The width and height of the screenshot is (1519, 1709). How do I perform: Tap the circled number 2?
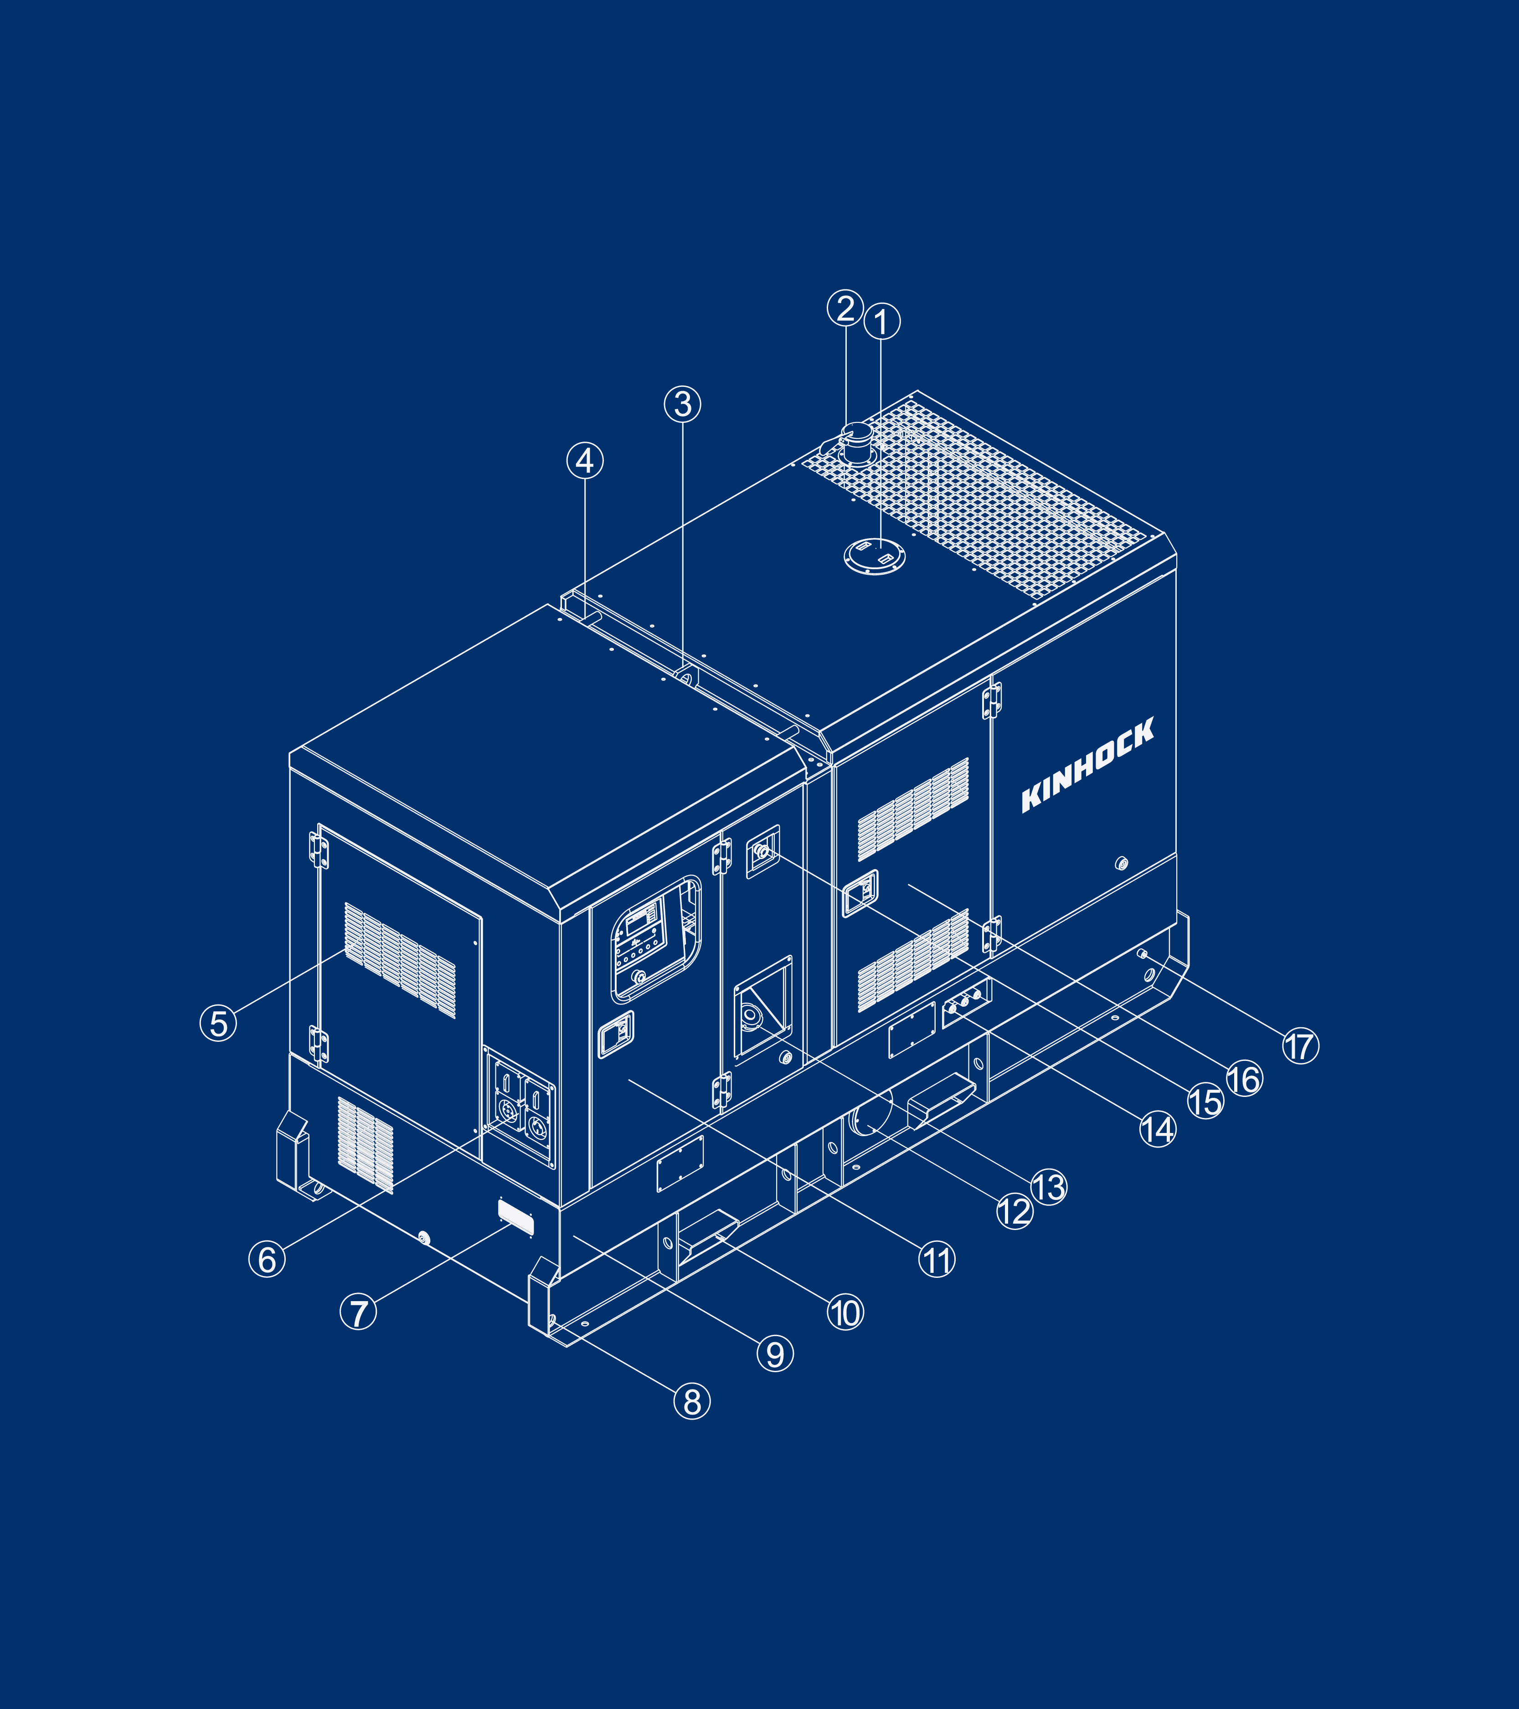click(x=845, y=308)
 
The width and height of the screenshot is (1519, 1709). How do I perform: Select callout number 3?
click(x=682, y=404)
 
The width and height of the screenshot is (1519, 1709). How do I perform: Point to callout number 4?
click(x=584, y=461)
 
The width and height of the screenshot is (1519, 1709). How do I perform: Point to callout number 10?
click(x=845, y=1313)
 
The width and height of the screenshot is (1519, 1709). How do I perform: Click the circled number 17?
click(x=1300, y=1046)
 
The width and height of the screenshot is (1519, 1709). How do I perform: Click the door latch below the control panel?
click(x=616, y=1034)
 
